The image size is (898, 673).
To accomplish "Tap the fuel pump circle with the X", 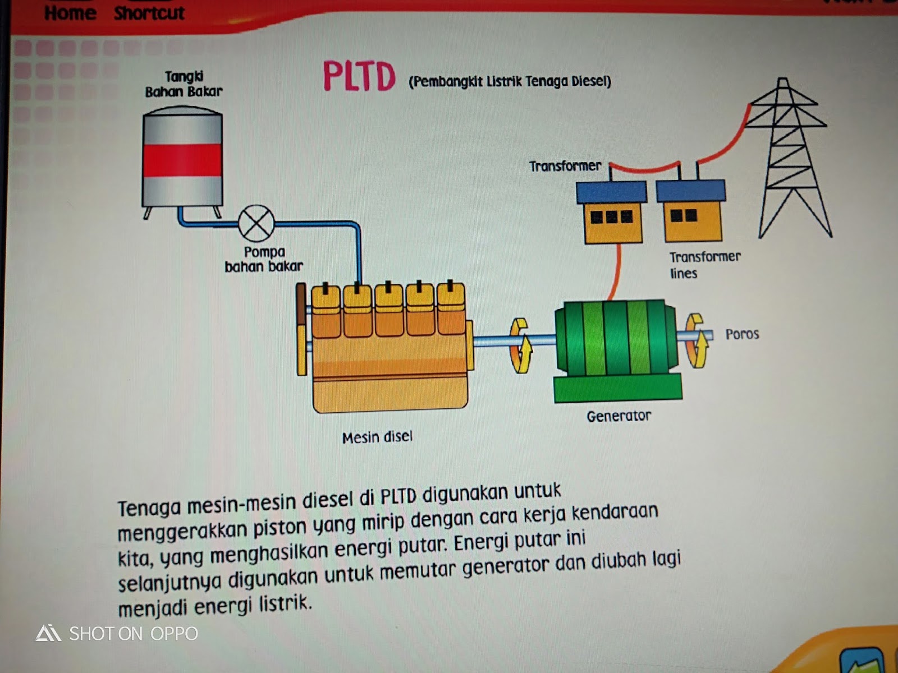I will coord(256,223).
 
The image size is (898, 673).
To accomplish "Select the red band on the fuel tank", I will coord(182,160).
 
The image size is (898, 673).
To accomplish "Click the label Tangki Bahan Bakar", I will coord(184,84).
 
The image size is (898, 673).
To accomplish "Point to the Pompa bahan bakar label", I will coord(264,259).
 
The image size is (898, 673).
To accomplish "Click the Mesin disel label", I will coord(377,437).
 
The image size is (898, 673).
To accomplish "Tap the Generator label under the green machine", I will coord(618,416).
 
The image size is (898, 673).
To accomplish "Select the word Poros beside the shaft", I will coord(742,334).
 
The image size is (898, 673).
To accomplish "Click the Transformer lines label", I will coord(704,265).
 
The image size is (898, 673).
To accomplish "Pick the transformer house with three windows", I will coord(612,213).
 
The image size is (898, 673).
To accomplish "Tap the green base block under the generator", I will coord(617,388).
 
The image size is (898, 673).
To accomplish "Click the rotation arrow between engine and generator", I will coord(520,345).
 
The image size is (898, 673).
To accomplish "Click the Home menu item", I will coord(70,12).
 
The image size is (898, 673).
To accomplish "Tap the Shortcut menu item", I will coord(149,12).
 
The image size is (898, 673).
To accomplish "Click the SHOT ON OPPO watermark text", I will coord(133,634).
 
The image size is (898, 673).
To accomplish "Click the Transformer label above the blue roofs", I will coord(565,166).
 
